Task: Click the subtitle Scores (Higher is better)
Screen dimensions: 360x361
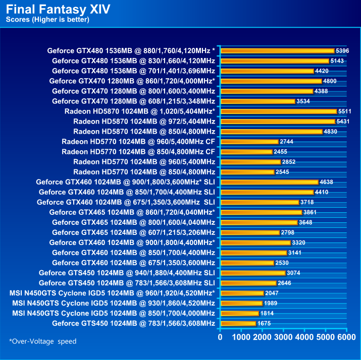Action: pos(47,20)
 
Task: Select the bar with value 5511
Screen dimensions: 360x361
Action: pos(278,111)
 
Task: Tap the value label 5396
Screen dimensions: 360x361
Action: pos(342,51)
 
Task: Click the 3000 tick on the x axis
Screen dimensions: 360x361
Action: pos(283,336)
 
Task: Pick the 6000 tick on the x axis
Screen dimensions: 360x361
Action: pos(346,336)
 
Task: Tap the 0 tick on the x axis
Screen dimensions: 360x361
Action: pos(220,336)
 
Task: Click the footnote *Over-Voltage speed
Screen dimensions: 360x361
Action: pos(42,341)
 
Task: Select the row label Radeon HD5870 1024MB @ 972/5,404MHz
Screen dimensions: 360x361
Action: pos(144,122)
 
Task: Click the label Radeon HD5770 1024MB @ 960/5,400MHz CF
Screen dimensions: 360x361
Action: pos(138,142)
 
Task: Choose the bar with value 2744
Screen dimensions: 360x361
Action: pos(249,142)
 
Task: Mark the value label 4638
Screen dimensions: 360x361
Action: pos(326,182)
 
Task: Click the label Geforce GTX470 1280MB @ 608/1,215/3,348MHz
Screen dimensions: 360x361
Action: pos(133,101)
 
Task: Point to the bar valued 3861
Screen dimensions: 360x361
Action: pos(261,212)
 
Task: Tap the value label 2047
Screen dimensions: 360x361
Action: pos(272,293)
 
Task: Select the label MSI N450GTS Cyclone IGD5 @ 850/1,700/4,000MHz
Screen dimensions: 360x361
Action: pos(114,313)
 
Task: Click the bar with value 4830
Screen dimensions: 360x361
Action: pos(271,132)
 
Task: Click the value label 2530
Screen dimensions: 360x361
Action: pos(282,263)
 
